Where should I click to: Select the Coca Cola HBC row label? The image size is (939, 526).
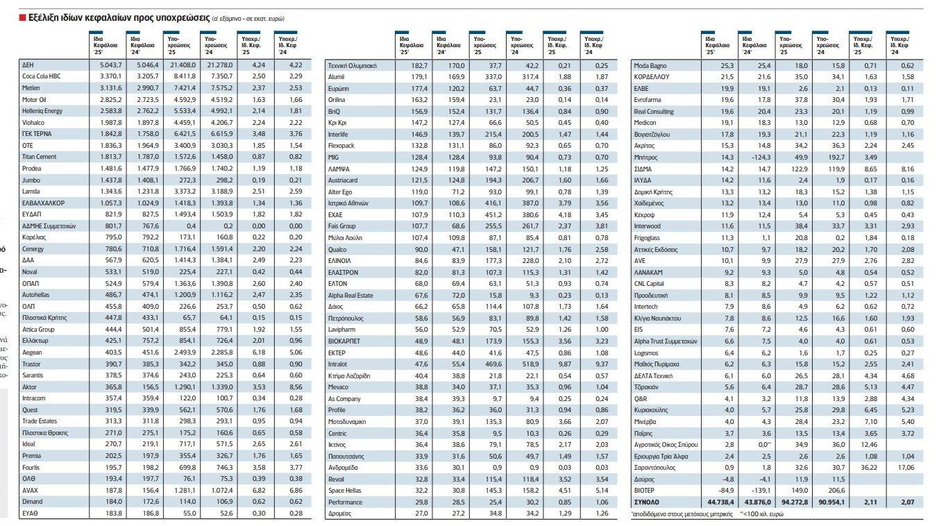point(42,76)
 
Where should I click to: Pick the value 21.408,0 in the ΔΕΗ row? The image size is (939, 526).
point(180,65)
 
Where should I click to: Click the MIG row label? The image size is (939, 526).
point(335,158)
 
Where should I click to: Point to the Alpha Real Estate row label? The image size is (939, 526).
point(350,295)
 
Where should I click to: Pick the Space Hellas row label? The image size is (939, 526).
point(345,490)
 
